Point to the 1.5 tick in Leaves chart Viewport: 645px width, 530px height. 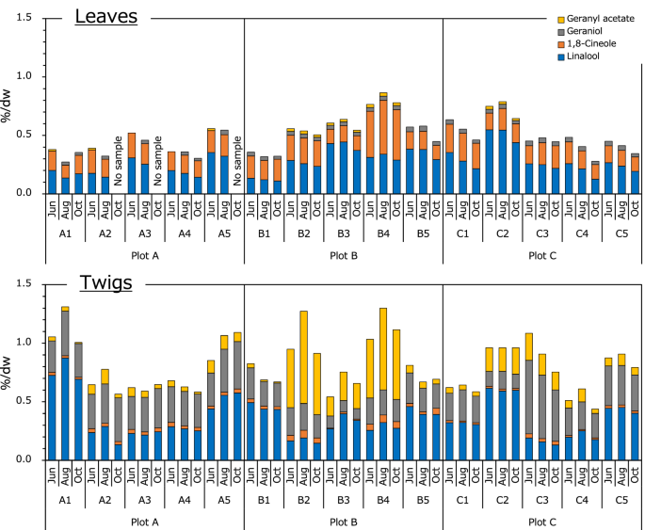24,18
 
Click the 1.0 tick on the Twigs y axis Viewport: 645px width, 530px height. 24,343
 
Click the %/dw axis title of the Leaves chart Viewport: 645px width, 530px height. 8,105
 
